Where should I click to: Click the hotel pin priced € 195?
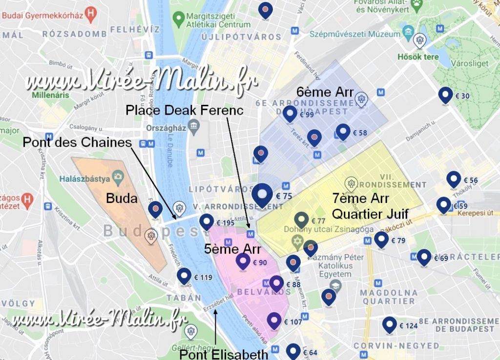coord(207,221)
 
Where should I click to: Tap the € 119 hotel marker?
coord(184,276)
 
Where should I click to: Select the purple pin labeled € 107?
coord(274,320)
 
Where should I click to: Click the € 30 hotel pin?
coord(445,95)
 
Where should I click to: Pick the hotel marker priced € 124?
coord(389,324)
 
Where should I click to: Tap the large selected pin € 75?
coord(263,195)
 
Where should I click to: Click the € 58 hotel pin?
coord(343,131)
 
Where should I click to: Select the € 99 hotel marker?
coord(291,114)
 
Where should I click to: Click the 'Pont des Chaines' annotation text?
coord(77,142)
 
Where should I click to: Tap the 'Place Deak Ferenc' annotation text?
coord(184,110)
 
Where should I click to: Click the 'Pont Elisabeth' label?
coord(224,354)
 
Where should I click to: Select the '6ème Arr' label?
coord(325,92)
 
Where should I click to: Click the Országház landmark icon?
coord(194,128)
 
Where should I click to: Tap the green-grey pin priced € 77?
coord(302,220)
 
